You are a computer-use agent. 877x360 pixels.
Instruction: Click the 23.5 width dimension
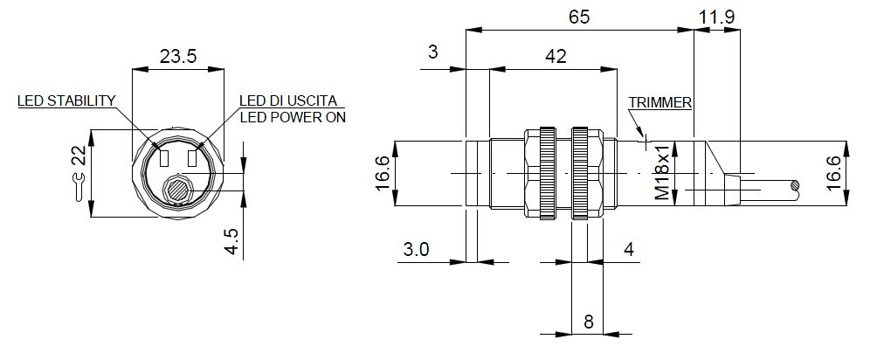tap(177, 57)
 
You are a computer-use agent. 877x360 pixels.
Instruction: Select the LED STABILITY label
tap(66, 100)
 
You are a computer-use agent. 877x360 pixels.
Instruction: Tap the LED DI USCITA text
tap(287, 100)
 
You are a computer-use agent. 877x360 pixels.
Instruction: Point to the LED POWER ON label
tap(292, 117)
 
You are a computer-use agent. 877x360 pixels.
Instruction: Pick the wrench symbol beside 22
tap(79, 186)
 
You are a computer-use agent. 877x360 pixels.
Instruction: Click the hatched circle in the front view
tap(179, 187)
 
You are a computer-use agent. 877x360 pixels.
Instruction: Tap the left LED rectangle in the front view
tap(164, 159)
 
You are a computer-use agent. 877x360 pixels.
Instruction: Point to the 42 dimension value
tap(555, 57)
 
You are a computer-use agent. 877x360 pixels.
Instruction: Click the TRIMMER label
tap(659, 102)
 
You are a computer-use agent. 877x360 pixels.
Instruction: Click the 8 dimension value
tap(588, 322)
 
